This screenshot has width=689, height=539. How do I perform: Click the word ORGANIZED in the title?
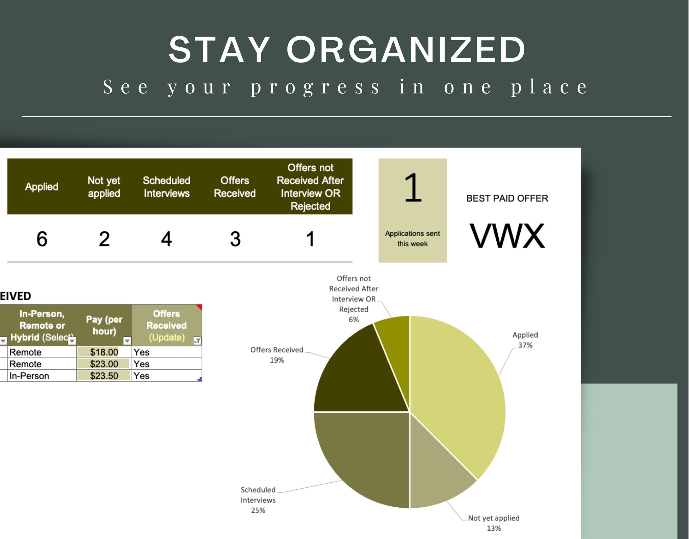[x=406, y=50]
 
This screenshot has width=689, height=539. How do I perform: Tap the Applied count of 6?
[x=42, y=239]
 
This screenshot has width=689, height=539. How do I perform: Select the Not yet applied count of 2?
[x=104, y=239]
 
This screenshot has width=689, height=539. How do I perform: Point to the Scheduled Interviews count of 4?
[x=166, y=239]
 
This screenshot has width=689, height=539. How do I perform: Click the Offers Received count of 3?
[x=235, y=239]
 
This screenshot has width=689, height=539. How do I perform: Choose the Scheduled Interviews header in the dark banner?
[x=167, y=187]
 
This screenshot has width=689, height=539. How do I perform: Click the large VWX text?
[x=507, y=236]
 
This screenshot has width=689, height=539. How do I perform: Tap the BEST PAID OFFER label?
[x=507, y=198]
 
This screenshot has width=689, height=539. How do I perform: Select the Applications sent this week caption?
[x=412, y=239]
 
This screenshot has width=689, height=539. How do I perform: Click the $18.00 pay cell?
[x=104, y=352]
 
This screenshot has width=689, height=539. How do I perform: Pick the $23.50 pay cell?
[x=104, y=376]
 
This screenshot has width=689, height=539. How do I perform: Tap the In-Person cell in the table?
[x=29, y=376]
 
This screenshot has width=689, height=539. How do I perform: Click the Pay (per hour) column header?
[x=104, y=325]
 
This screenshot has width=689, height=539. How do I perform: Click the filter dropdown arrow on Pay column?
[x=127, y=341]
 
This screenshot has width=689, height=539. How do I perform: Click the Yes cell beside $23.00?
[x=141, y=364]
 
